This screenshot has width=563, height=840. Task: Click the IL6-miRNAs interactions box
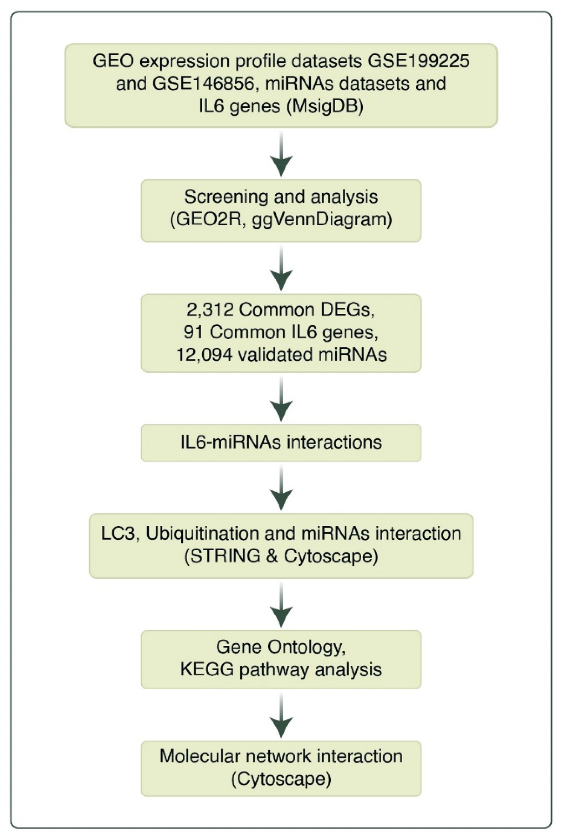tap(281, 443)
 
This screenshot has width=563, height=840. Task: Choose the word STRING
tap(230, 556)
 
